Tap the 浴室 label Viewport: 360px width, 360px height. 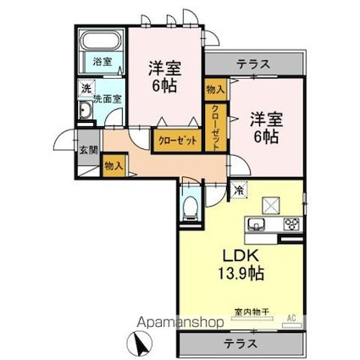102,62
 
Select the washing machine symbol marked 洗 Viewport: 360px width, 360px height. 86,88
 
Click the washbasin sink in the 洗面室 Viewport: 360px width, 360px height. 86,110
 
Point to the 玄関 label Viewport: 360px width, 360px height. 88,150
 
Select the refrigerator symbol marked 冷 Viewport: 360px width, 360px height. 239,190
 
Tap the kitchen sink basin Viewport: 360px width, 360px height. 257,224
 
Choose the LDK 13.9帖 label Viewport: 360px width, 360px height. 241,265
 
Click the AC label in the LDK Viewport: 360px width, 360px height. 291,318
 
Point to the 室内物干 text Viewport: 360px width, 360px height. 252,312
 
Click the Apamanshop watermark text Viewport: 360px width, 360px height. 180,322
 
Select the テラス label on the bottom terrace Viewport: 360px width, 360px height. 241,344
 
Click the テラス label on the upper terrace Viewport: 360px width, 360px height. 253,64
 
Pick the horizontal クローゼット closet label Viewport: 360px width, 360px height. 177,141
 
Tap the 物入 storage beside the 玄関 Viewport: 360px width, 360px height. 114,166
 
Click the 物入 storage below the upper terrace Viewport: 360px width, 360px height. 216,90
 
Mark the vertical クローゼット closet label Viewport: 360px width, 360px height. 216,127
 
